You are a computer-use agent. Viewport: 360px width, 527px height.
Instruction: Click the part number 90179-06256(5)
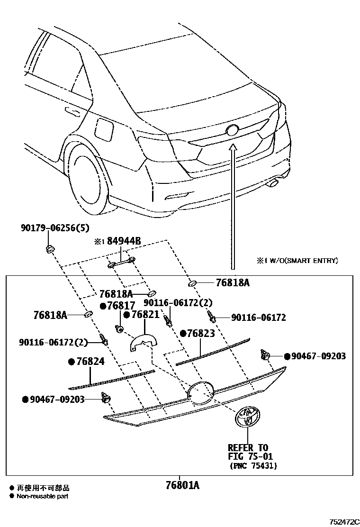(x=54, y=228)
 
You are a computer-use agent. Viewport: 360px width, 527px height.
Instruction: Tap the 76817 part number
(x=120, y=306)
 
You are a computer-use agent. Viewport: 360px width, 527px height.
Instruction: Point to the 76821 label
(x=144, y=316)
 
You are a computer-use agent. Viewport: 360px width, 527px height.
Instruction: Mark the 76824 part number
(x=90, y=362)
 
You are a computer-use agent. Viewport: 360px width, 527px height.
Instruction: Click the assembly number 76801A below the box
(x=182, y=485)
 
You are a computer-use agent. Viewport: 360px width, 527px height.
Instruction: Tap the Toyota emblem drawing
(x=248, y=418)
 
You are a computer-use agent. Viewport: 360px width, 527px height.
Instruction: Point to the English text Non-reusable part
(x=43, y=497)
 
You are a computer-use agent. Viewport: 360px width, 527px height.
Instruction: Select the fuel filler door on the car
(x=104, y=128)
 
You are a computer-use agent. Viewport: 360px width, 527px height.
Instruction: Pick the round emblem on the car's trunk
(x=233, y=131)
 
